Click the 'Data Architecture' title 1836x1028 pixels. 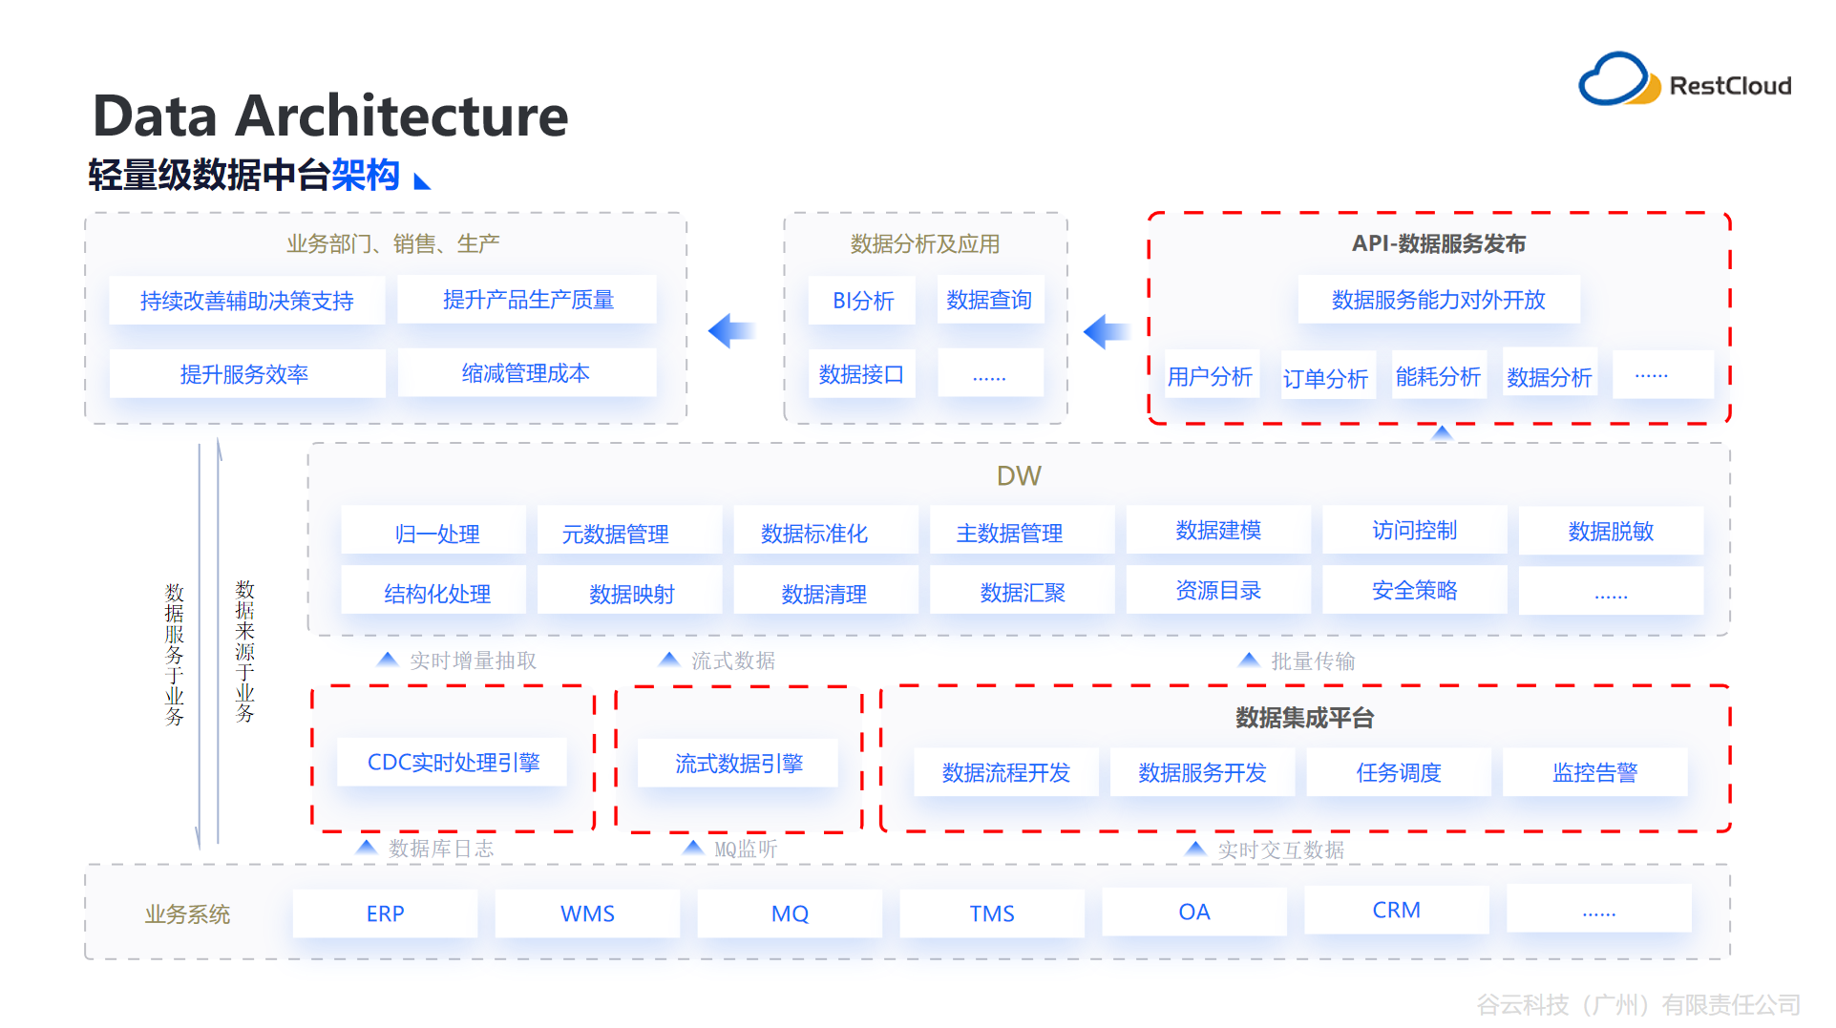(x=330, y=116)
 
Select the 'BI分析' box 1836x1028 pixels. (x=862, y=301)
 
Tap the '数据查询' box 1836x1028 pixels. (x=989, y=300)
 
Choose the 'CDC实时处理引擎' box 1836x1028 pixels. (x=453, y=762)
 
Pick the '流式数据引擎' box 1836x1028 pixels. (x=738, y=763)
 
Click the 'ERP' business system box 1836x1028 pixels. (x=385, y=913)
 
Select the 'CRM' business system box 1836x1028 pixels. (x=1396, y=911)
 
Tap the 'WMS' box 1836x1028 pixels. (x=587, y=913)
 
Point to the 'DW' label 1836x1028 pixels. (x=1018, y=476)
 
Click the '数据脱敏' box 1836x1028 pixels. (x=1611, y=532)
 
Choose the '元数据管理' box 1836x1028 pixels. (x=616, y=534)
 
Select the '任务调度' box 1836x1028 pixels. (x=1398, y=772)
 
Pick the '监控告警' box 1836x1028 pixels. (x=1594, y=772)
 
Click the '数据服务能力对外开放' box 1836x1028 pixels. (x=1438, y=300)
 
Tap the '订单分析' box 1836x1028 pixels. (x=1326, y=378)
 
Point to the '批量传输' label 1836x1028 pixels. (x=1312, y=661)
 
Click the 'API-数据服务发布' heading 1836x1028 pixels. (x=1438, y=243)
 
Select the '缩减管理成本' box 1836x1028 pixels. (x=526, y=373)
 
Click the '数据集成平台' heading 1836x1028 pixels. (x=1304, y=718)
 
